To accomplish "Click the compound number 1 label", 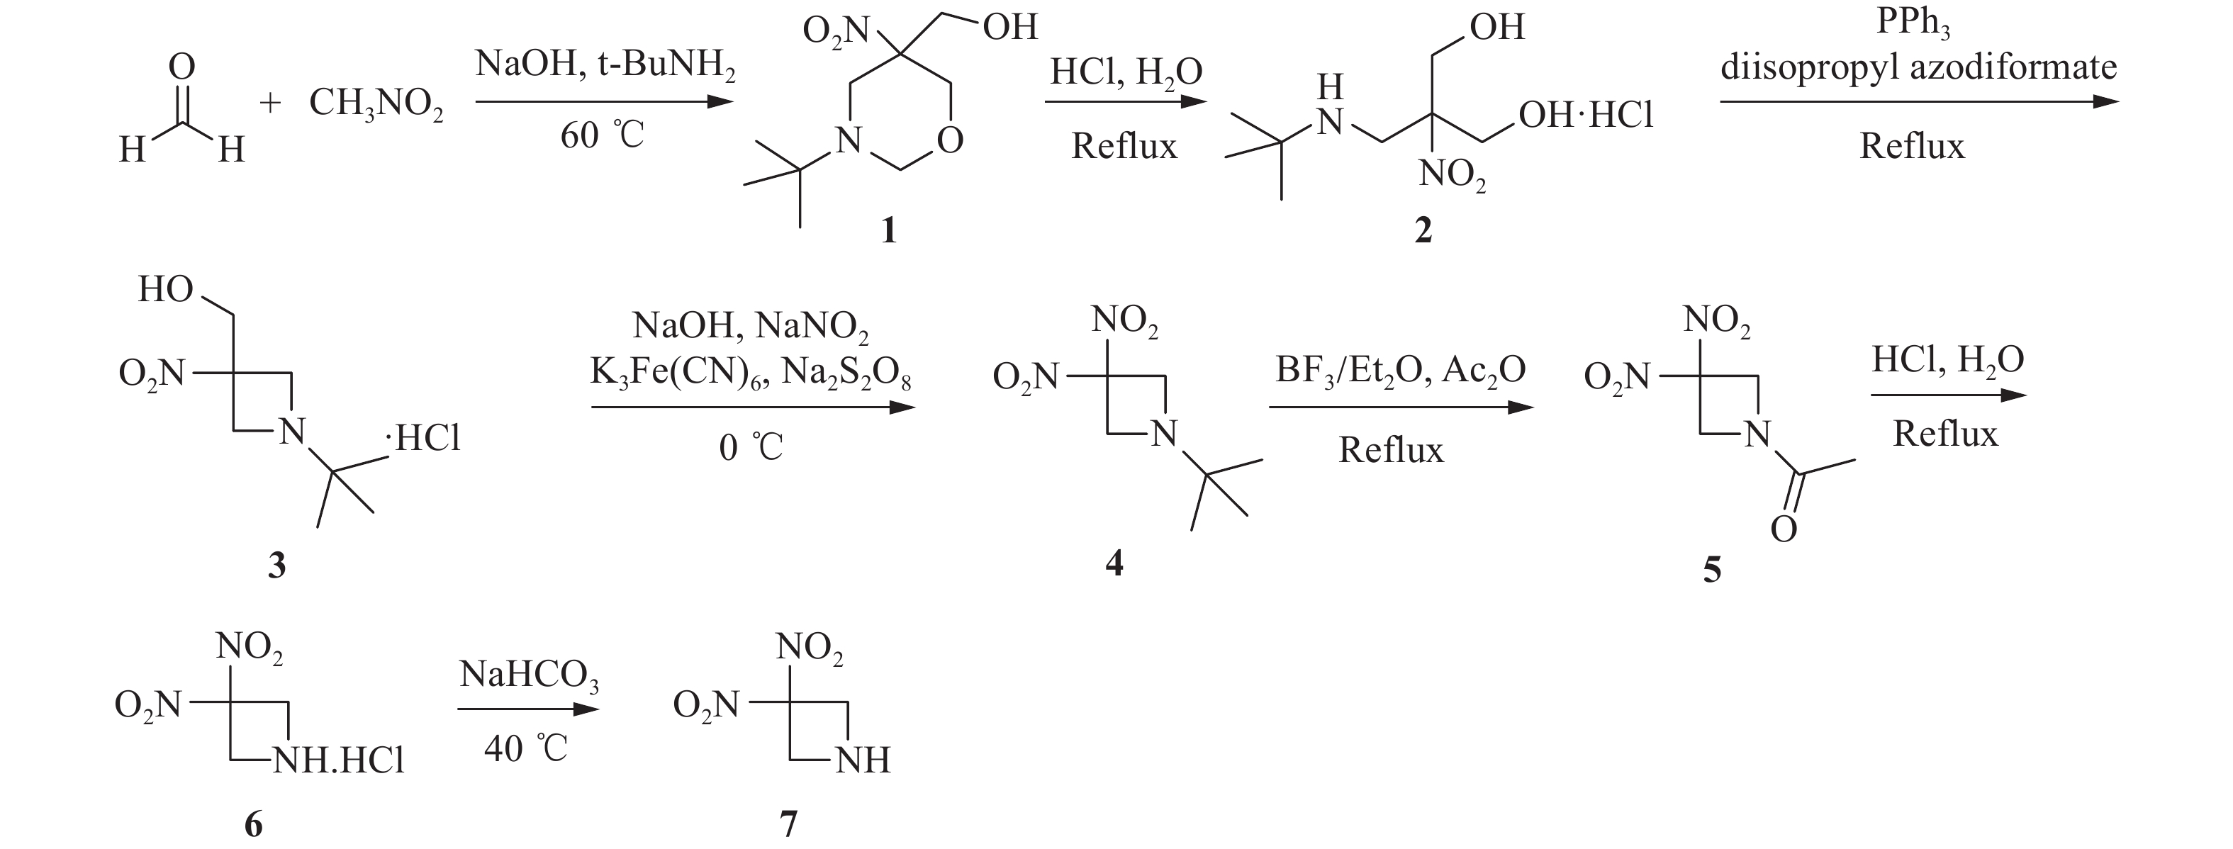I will tap(888, 231).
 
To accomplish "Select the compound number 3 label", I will tap(276, 566).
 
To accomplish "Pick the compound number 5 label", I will tap(1712, 570).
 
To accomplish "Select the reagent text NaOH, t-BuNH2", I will tap(605, 66).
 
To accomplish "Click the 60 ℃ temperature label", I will tap(602, 136).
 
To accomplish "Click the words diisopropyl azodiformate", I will tap(1918, 67).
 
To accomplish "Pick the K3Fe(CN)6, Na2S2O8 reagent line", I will tap(751, 374).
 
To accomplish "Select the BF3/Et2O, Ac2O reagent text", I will tap(1400, 371).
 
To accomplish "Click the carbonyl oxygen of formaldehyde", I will tap(181, 67).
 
